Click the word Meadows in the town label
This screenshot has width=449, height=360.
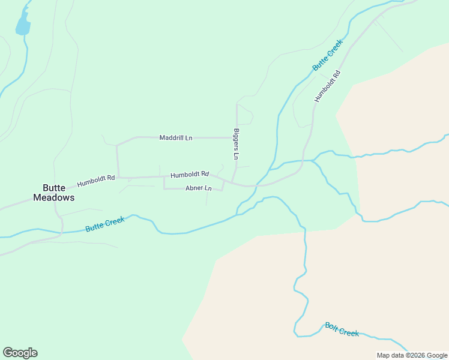point(54,197)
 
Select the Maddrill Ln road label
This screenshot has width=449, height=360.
point(176,138)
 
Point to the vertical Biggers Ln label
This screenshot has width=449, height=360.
point(237,143)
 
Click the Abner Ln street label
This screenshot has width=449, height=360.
point(199,188)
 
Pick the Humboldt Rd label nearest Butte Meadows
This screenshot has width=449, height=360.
point(95,179)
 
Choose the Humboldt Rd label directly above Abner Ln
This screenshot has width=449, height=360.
point(189,175)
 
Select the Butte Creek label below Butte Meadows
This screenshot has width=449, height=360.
point(105,224)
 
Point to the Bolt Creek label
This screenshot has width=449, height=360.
point(342,329)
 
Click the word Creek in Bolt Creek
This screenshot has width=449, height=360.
point(349,332)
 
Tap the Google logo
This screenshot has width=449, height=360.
point(20,353)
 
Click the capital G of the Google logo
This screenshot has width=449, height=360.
point(8,352)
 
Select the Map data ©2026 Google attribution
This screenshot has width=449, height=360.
point(412,355)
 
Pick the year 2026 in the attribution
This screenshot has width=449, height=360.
point(418,355)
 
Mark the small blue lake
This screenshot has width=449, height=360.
point(23,25)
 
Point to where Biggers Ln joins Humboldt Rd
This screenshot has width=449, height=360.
point(232,182)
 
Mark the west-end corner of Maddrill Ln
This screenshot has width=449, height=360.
point(116,145)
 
